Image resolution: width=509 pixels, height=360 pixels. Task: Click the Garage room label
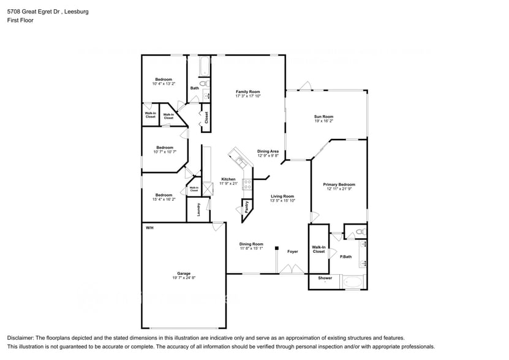pos(184,273)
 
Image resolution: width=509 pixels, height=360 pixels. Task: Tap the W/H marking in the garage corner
pos(149,228)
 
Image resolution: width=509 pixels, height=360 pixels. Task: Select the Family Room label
pos(247,91)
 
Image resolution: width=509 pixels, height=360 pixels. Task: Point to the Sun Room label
pos(323,116)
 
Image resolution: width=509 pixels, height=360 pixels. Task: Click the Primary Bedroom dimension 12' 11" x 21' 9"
pos(339,189)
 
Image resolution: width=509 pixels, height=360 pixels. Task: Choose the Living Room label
pos(282,197)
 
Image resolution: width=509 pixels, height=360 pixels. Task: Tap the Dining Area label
pos(268,151)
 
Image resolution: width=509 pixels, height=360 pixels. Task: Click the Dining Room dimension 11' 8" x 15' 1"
pos(251,249)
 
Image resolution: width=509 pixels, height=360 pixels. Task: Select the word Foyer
pos(293,252)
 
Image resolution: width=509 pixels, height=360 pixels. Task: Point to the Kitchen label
pos(228,179)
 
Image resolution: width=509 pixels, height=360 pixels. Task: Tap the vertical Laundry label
pos(199,210)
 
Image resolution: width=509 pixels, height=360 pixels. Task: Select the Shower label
pos(325,278)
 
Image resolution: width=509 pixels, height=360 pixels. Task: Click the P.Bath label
pos(346,257)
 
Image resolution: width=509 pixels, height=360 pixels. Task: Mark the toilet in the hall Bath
pos(205,83)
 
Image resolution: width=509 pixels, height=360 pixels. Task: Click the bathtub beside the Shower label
pos(353,282)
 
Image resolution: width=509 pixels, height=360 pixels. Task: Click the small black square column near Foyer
pos(277,249)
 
